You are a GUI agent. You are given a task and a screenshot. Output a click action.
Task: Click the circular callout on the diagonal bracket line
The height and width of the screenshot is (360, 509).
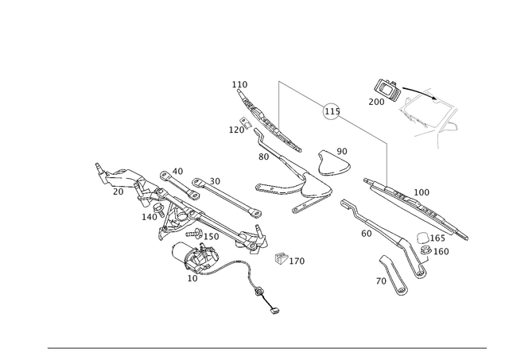tap(329, 113)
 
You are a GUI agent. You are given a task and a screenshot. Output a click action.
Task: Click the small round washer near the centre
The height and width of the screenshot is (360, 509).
tap(280, 257)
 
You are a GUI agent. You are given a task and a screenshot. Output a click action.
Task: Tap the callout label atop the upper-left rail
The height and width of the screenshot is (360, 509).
tap(239, 83)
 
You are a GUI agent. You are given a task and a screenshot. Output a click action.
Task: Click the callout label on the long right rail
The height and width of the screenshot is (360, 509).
tap(422, 192)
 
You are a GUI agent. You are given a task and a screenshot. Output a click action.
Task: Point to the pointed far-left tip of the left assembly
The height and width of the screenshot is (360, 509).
tap(97, 164)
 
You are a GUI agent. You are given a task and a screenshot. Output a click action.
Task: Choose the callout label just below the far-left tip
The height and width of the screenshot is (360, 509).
tap(118, 192)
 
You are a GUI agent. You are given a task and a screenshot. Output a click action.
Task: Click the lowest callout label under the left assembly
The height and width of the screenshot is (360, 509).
tap(192, 277)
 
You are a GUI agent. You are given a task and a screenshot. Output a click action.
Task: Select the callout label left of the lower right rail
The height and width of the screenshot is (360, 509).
tap(365, 233)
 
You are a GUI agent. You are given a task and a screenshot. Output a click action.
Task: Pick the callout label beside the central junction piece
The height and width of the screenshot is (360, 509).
tap(341, 150)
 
